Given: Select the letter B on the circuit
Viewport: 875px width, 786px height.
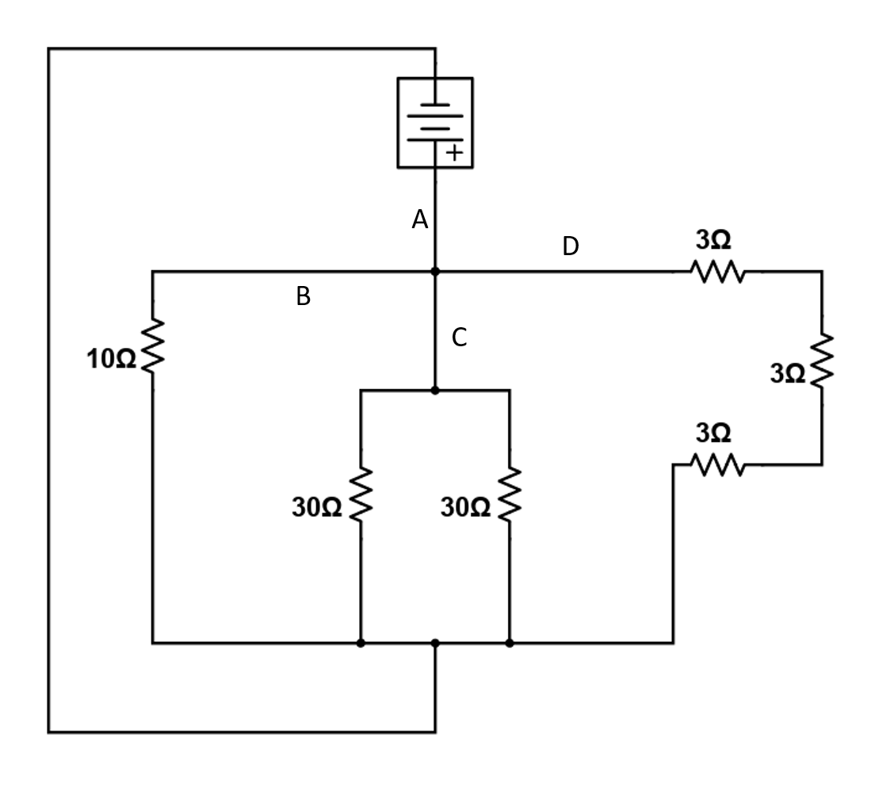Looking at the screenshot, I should [x=303, y=297].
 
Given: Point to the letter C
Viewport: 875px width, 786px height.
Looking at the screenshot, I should [x=460, y=338].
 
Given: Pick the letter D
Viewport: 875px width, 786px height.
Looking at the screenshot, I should [x=571, y=247].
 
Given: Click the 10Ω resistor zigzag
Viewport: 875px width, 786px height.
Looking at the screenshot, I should [x=152, y=345].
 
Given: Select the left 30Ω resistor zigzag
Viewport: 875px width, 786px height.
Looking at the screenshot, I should [x=361, y=495].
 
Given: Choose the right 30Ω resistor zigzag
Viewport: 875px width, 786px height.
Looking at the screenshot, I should [x=509, y=495].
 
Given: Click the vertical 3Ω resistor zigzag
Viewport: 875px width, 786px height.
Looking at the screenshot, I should [x=821, y=361].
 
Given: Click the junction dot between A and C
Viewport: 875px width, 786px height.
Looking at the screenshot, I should [x=434, y=272].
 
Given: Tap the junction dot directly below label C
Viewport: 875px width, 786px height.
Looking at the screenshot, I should [x=434, y=391].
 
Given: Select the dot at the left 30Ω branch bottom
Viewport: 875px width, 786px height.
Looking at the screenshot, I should [x=361, y=643].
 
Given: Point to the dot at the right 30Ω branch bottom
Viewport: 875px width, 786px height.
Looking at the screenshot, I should [x=509, y=643].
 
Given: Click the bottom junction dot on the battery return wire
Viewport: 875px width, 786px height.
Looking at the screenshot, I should [x=434, y=643].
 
